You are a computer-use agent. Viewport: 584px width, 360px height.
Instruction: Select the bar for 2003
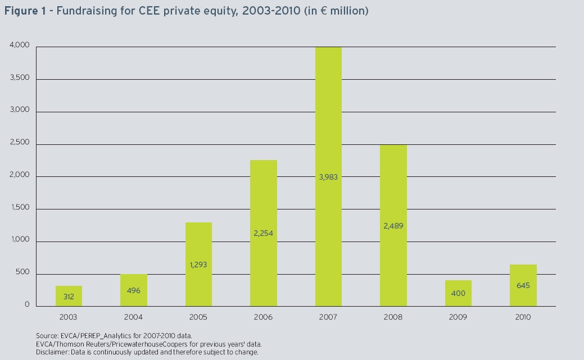[69, 296]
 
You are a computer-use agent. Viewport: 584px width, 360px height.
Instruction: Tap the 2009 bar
[458, 293]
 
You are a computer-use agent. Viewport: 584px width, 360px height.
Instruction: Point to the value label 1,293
[198, 264]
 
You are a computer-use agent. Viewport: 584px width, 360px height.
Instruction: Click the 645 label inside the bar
[523, 285]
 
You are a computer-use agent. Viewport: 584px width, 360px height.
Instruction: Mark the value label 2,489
[393, 226]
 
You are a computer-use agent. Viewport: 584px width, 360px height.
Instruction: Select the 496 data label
[134, 291]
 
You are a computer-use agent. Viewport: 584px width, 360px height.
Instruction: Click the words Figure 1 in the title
[22, 11]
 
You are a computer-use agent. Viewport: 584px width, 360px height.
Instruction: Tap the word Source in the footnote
[44, 335]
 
